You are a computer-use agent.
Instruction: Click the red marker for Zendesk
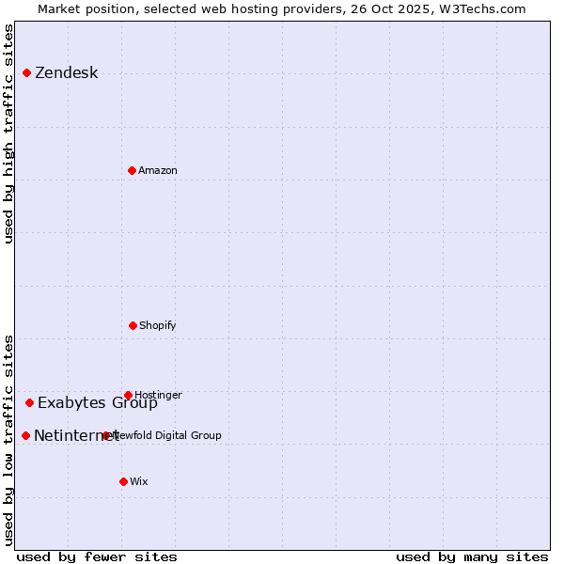click(x=26, y=72)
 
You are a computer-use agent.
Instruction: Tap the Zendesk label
click(x=66, y=73)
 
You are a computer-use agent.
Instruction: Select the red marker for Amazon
click(x=132, y=170)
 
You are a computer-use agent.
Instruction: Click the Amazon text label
click(x=158, y=171)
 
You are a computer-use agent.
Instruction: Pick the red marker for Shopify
click(x=133, y=325)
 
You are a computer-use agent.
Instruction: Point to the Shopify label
click(x=158, y=326)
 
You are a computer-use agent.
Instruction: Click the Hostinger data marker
click(x=128, y=395)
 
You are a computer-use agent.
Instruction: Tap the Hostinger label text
click(x=158, y=396)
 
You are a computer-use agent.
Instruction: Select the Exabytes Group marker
click(x=29, y=402)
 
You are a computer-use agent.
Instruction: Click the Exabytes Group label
click(x=98, y=404)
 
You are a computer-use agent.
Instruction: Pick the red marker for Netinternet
click(x=25, y=435)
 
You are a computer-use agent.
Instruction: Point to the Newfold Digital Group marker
click(x=105, y=435)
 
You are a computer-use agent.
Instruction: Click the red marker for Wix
click(x=123, y=481)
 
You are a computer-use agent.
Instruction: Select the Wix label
click(x=139, y=482)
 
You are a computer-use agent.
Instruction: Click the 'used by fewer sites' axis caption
click(x=97, y=556)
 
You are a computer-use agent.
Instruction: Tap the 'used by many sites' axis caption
click(x=472, y=556)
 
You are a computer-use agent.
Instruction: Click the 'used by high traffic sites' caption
click(x=9, y=133)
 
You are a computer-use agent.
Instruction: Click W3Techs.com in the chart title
click(x=481, y=8)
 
